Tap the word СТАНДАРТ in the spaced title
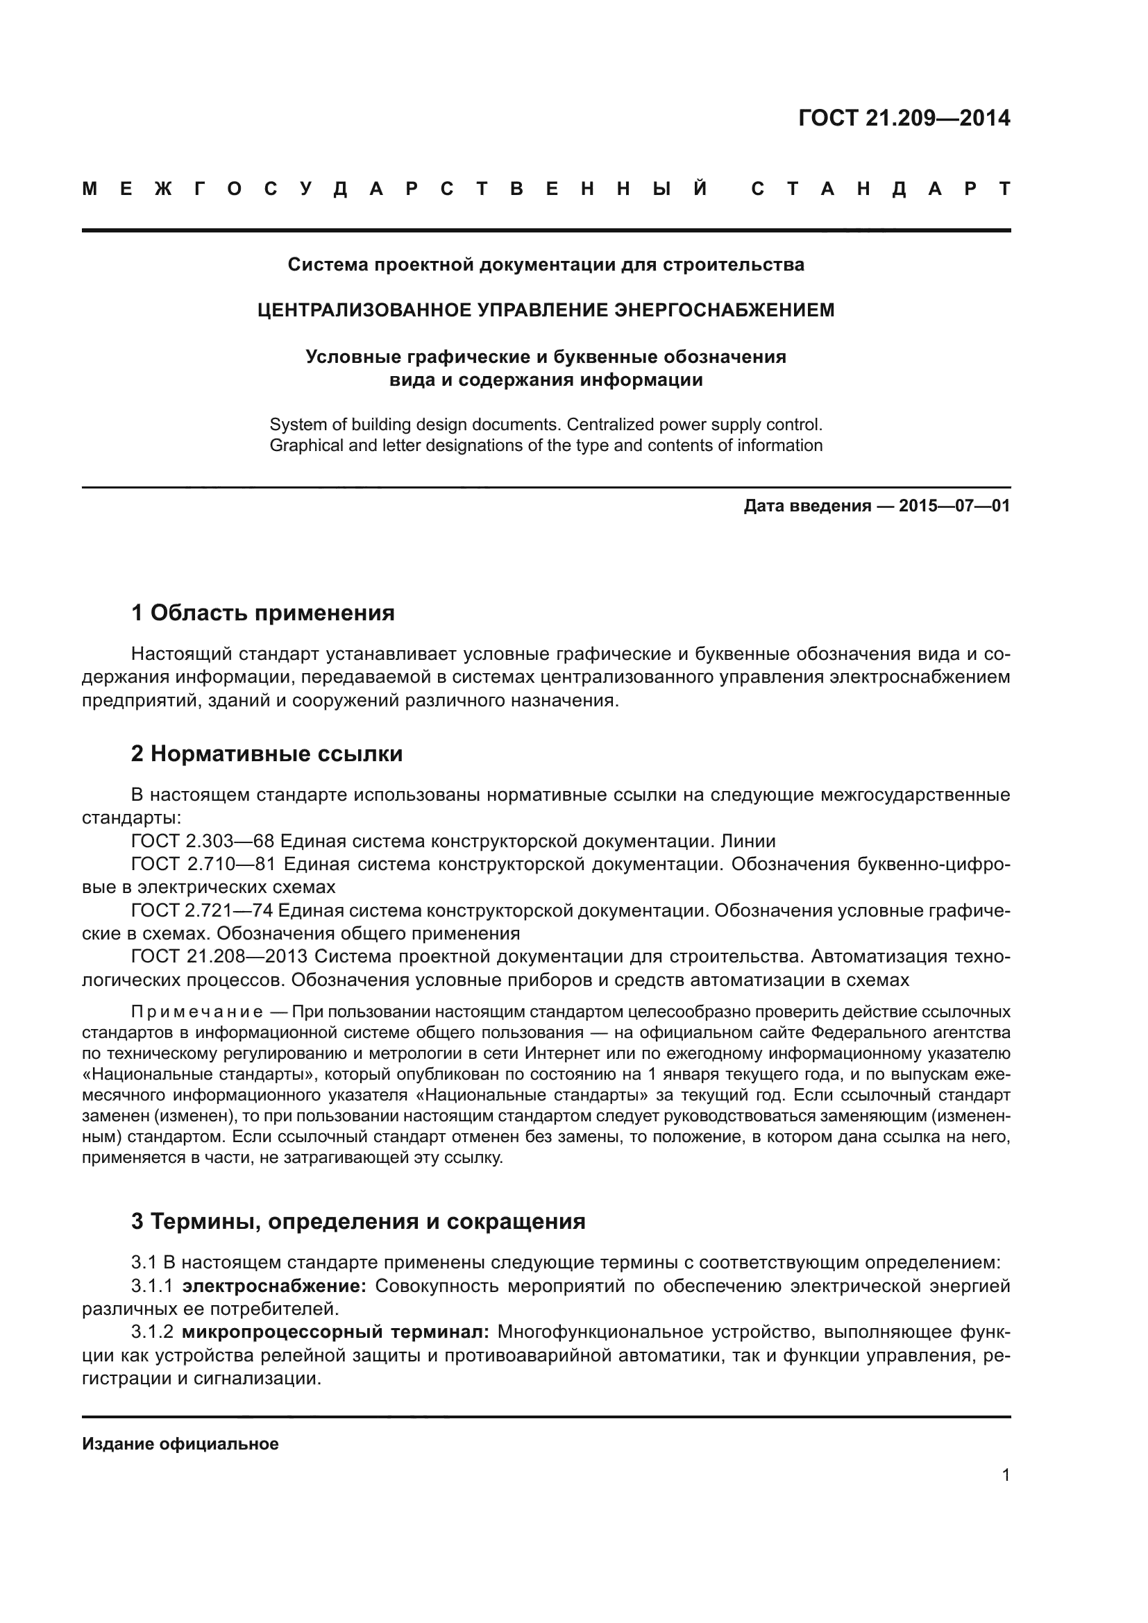(880, 189)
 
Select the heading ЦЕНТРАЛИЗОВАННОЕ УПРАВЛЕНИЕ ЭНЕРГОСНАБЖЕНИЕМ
(546, 310)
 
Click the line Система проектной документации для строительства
(546, 265)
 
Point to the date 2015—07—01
(954, 506)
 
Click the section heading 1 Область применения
(262, 613)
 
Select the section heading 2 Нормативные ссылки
(267, 754)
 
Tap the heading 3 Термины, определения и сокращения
(357, 1221)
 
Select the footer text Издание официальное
(180, 1444)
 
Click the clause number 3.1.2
(152, 1332)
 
